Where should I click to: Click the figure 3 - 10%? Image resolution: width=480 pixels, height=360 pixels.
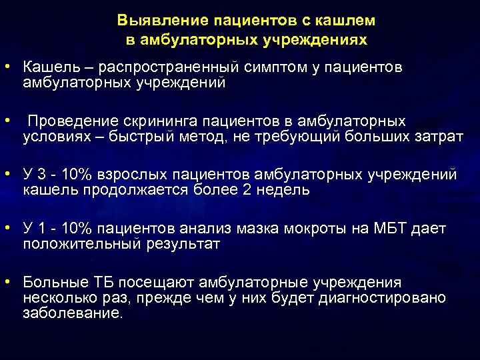(x=69, y=175)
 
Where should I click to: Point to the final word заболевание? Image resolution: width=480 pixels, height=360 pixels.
(x=73, y=313)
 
